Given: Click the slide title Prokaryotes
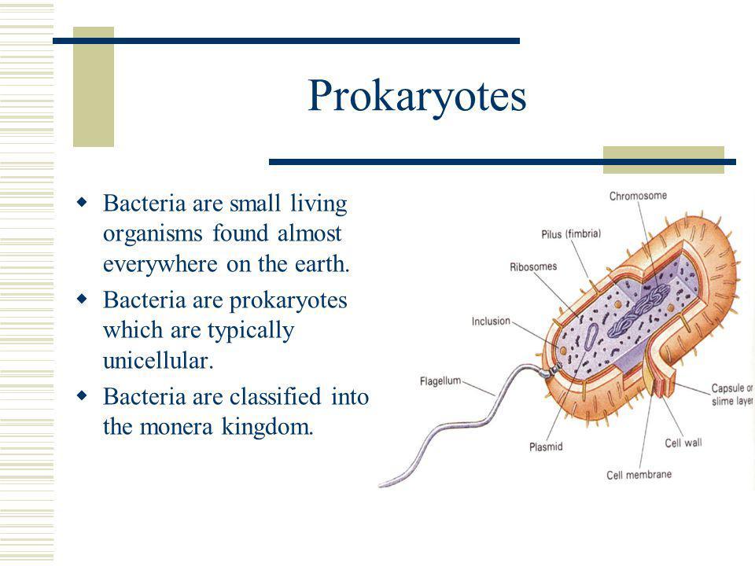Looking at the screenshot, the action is [417, 96].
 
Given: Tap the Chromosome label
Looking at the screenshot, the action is [638, 196].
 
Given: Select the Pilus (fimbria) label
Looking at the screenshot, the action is [571, 234].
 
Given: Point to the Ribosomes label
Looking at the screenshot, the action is [533, 266].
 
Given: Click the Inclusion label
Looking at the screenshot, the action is [491, 321].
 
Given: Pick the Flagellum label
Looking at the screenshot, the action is [440, 381].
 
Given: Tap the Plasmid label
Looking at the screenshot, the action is [546, 447].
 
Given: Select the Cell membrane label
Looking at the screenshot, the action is [639, 475].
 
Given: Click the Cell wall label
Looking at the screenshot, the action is [683, 443].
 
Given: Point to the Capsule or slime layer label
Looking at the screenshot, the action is [732, 395].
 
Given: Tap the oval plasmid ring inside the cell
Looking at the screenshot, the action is [591, 336].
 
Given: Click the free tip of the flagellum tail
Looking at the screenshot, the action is [381, 485].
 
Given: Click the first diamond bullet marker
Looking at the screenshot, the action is [83, 202].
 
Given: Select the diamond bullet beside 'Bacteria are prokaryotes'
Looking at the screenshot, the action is [83, 300].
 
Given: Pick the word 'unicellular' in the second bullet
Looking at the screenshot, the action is [158, 361].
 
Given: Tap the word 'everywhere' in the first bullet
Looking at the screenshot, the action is [160, 265].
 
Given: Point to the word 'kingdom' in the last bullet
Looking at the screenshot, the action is [267, 427].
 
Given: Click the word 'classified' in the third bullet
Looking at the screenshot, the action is [275, 397].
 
